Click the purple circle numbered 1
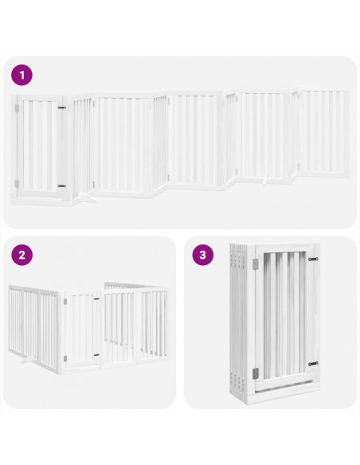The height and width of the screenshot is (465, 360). (x=22, y=76)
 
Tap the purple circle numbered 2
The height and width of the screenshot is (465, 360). (x=22, y=256)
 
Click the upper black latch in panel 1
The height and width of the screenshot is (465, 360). (x=61, y=107)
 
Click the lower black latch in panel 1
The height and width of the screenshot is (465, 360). (x=61, y=186)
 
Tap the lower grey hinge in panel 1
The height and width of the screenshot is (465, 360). (x=16, y=184)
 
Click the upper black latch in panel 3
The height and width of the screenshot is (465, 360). (x=311, y=260)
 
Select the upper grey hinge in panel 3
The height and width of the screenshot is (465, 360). (x=254, y=264)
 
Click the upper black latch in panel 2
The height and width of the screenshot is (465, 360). (x=97, y=300)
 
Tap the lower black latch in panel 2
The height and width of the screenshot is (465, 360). (x=97, y=355)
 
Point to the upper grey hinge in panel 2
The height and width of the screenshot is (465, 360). (x=62, y=302)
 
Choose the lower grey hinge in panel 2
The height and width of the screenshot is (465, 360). (x=62, y=358)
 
